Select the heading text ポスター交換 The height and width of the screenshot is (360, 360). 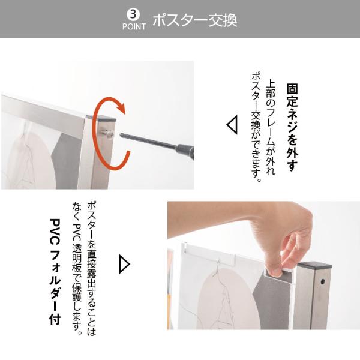[x=194, y=20]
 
